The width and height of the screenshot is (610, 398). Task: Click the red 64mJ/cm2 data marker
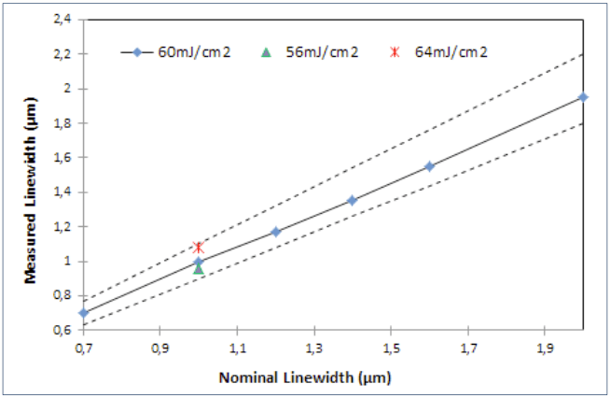pos(198,247)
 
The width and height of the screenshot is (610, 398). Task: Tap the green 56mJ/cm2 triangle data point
pos(198,269)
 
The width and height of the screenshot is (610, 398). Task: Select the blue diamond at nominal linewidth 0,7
pos(84,313)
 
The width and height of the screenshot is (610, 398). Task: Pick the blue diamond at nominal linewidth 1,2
pos(275,232)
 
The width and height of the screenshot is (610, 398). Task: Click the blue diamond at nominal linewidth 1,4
pos(352,200)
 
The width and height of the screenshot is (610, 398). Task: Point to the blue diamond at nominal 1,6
pos(429,166)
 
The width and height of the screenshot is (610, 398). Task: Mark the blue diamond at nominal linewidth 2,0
pos(583,97)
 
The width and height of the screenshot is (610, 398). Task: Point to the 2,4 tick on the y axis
pos(62,20)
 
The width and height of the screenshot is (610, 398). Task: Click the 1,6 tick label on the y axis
pos(62,158)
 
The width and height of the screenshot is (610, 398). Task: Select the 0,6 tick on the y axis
pos(62,331)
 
